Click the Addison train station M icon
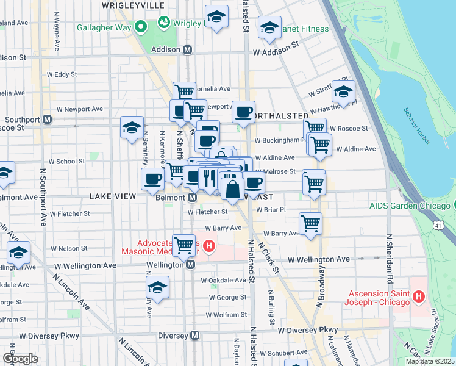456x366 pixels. [188, 50]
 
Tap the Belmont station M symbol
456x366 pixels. [191, 198]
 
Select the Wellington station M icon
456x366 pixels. [190, 265]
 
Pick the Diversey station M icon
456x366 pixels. [194, 335]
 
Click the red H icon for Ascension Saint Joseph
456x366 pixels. [419, 297]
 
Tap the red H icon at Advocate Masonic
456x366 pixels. [209, 246]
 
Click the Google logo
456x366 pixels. [20, 358]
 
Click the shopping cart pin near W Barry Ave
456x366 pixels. [311, 223]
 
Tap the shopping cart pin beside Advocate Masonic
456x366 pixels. [183, 245]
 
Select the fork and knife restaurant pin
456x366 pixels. [208, 178]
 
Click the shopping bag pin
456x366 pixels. [232, 189]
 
